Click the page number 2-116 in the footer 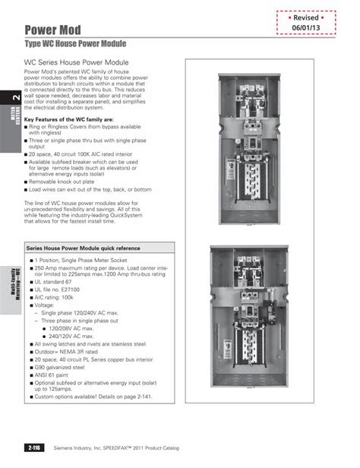[x=34, y=447]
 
